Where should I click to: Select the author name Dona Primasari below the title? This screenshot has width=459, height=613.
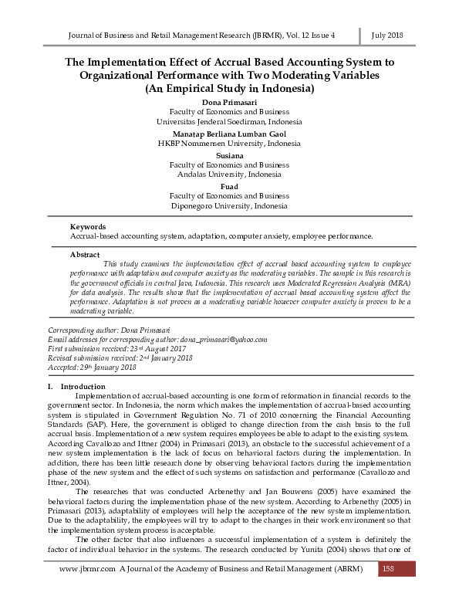(x=229, y=102)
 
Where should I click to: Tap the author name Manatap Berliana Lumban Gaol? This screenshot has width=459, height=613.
(x=229, y=134)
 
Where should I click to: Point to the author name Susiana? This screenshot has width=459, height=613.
(x=229, y=155)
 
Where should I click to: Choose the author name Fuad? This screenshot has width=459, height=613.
(x=229, y=187)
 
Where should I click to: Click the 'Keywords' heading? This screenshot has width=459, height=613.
(x=87, y=227)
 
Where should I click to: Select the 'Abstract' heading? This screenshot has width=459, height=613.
(x=85, y=254)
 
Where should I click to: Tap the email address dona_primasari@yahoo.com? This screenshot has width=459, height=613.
(x=223, y=339)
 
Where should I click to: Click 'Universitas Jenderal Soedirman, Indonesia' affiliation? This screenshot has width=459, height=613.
(x=229, y=122)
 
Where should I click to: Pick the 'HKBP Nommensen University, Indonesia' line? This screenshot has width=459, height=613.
(x=229, y=143)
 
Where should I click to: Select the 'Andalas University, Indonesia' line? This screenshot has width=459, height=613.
(x=229, y=174)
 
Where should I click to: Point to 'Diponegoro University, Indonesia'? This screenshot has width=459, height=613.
(x=229, y=206)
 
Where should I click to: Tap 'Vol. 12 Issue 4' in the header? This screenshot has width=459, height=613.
(x=327, y=36)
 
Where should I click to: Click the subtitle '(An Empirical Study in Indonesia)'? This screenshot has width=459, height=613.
(x=229, y=89)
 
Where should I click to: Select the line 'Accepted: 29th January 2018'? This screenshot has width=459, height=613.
(x=93, y=367)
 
